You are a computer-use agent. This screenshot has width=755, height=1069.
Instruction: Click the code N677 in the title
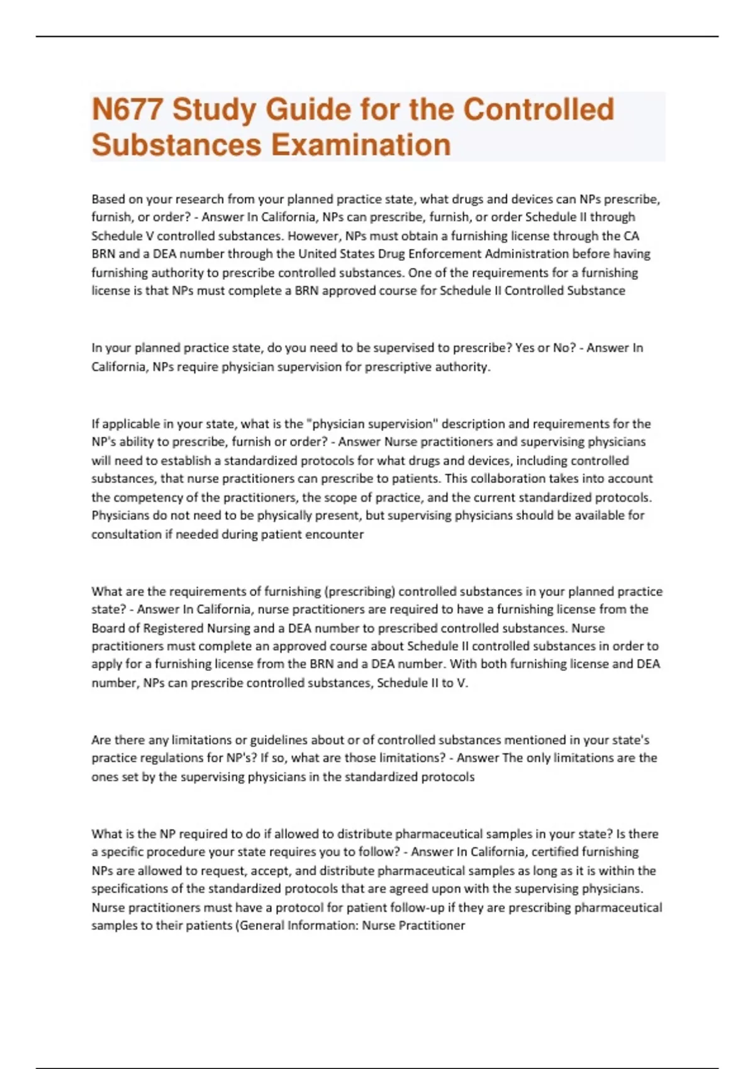(128, 109)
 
